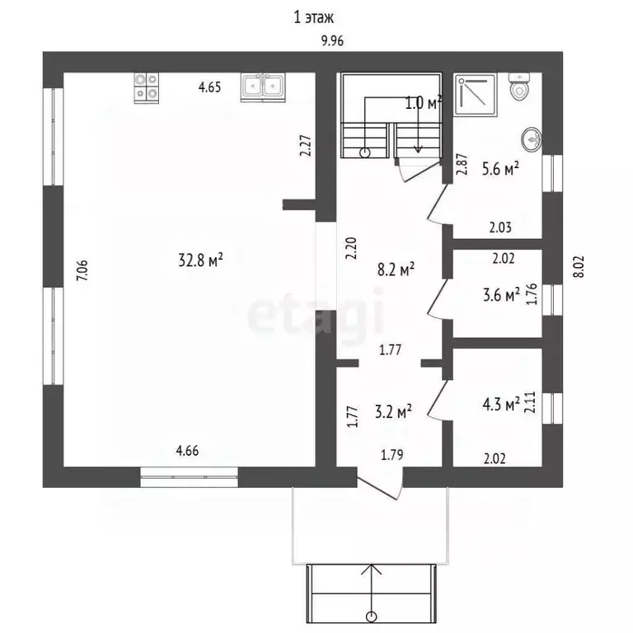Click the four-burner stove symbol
point(147,87)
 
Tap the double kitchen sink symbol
point(263,87)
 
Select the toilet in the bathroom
point(519,87)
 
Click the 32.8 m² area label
point(201,261)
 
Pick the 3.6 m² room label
point(500,294)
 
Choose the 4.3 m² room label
point(500,405)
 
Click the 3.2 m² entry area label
point(393,410)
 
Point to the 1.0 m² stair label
point(424,103)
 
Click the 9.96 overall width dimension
point(331,43)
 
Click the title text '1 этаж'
point(313,16)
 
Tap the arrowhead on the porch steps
point(373,569)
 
